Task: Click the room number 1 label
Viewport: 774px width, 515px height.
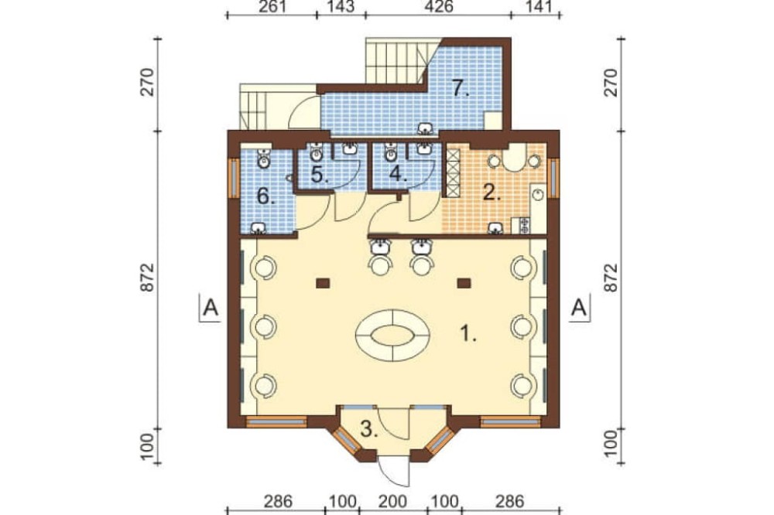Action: [468, 335]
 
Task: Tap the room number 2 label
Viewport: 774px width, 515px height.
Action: [491, 193]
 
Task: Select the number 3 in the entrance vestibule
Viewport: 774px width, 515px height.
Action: [369, 429]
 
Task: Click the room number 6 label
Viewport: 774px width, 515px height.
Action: [265, 197]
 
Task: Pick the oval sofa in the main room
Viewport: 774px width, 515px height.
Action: [392, 335]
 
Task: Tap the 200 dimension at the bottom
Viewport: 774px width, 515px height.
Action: [393, 502]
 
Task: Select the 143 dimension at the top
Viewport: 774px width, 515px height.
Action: [341, 7]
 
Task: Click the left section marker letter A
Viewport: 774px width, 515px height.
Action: [211, 308]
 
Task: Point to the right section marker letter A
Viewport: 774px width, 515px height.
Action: [578, 308]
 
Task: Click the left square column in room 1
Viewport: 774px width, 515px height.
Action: [323, 283]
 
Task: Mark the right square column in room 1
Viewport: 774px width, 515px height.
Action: [464, 283]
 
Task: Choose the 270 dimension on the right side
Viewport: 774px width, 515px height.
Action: [611, 83]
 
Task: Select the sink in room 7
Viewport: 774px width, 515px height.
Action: [425, 129]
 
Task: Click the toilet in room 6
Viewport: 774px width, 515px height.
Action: [264, 158]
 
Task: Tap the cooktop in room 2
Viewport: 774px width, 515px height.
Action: [524, 225]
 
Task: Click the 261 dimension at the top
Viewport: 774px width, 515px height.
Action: [272, 7]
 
